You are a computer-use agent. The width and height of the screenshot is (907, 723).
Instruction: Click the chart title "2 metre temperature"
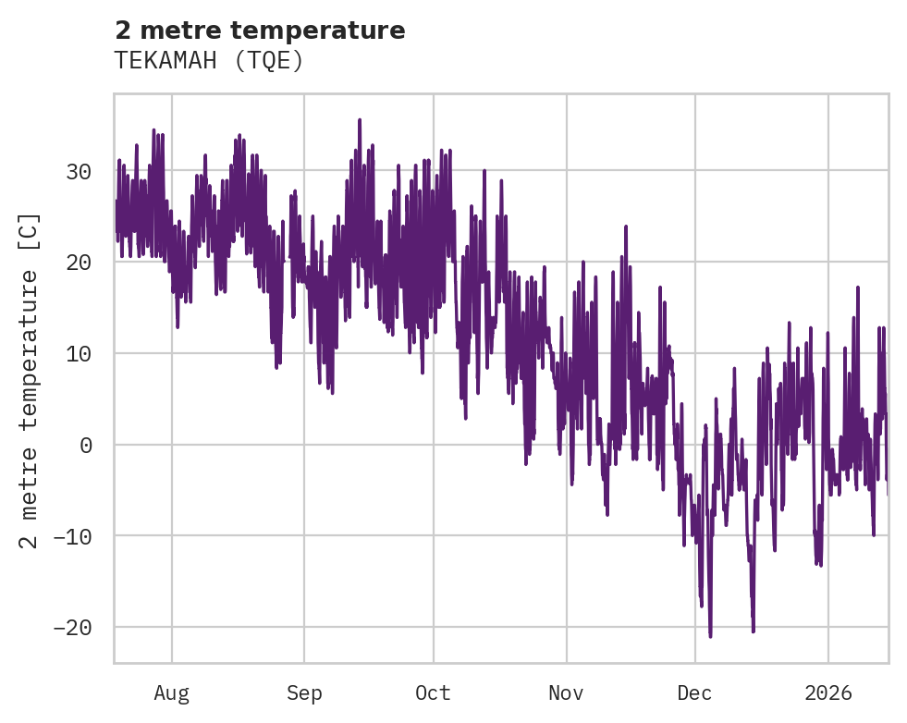(x=260, y=31)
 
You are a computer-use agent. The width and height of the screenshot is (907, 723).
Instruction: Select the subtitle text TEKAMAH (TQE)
(x=209, y=61)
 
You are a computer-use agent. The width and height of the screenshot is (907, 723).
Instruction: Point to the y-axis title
(x=31, y=380)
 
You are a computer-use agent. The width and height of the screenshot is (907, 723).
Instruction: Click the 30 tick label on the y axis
(x=80, y=172)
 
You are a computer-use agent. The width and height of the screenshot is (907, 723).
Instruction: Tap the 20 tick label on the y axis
(x=80, y=263)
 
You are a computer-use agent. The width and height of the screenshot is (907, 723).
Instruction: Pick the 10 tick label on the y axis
(x=80, y=354)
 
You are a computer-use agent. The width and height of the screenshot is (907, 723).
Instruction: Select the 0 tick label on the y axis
(x=87, y=445)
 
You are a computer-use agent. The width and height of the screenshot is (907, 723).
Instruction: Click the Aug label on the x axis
(x=172, y=692)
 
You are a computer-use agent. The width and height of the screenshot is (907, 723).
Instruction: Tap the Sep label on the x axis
(x=304, y=692)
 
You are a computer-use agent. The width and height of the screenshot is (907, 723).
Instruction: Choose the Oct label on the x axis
(x=433, y=692)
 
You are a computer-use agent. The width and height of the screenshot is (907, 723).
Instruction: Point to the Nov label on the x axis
(x=566, y=692)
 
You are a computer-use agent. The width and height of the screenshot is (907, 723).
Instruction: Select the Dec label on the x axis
(x=694, y=692)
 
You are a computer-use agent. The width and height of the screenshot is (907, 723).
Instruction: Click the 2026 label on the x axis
(x=827, y=692)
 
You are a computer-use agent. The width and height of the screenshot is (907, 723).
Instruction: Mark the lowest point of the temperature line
(x=710, y=636)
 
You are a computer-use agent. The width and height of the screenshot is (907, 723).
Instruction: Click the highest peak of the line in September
(x=360, y=120)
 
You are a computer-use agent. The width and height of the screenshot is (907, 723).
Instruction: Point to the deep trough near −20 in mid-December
(x=754, y=631)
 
